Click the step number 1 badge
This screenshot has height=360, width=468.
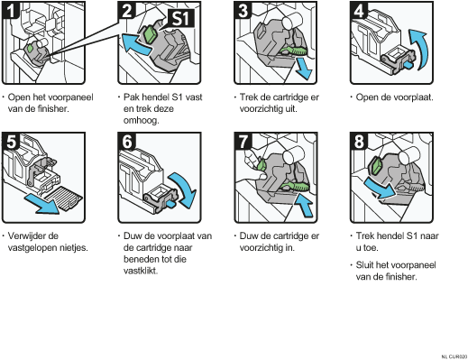click(x=11, y=10)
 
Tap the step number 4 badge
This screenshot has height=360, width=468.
click(x=359, y=10)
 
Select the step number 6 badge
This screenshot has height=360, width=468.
click(x=127, y=142)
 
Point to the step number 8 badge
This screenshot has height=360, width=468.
click(x=359, y=142)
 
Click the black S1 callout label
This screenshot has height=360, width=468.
click(x=180, y=18)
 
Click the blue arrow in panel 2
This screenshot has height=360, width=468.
click(x=136, y=44)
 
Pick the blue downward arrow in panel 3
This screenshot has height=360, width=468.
click(x=303, y=69)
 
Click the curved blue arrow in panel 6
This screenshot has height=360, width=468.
click(x=184, y=189)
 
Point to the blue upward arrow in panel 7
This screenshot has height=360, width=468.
click(x=304, y=205)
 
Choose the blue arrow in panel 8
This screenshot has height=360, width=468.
click(x=380, y=188)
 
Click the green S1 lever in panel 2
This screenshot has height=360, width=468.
click(x=150, y=34)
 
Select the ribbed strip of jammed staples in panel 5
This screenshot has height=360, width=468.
click(x=64, y=198)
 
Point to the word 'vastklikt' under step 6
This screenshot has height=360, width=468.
click(x=141, y=271)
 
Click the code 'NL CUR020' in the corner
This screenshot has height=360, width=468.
click(x=454, y=356)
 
